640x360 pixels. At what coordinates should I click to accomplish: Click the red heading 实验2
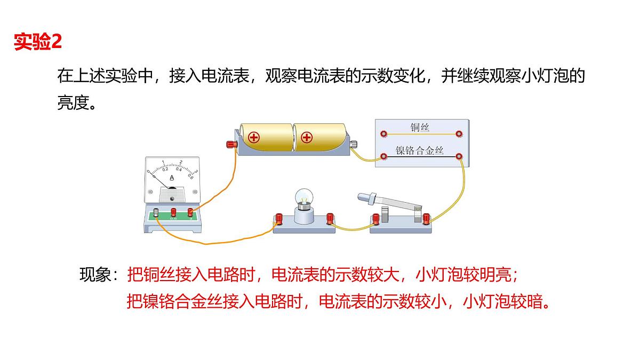pyautogui.click(x=38, y=42)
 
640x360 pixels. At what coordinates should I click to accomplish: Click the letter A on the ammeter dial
pyautogui.click(x=172, y=178)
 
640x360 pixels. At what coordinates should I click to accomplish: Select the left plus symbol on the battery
pyautogui.click(x=254, y=138)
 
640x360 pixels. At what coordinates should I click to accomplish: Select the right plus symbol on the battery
pyautogui.click(x=307, y=138)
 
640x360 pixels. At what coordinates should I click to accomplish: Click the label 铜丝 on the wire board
pyautogui.click(x=420, y=127)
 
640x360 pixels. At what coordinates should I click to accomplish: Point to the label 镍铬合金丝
pyautogui.click(x=419, y=150)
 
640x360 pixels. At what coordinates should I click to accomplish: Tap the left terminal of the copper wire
pyautogui.click(x=383, y=134)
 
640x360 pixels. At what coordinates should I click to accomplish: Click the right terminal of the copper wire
pyautogui.click(x=459, y=134)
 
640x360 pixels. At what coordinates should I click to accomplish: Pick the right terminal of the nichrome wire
pyautogui.click(x=459, y=156)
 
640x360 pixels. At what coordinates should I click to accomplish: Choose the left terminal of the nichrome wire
pyautogui.click(x=383, y=156)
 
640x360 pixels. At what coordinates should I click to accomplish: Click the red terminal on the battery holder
pyautogui.click(x=231, y=145)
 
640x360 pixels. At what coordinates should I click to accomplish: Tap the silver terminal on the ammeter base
pyautogui.click(x=156, y=213)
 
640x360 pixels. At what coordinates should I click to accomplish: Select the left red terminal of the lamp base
pyautogui.click(x=278, y=219)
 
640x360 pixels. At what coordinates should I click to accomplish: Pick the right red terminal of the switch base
pyautogui.click(x=426, y=219)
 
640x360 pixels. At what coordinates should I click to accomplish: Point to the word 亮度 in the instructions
pyautogui.click(x=74, y=102)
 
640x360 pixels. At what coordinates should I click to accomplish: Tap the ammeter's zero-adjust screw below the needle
pyautogui.click(x=172, y=198)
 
